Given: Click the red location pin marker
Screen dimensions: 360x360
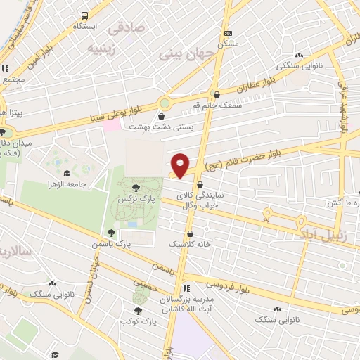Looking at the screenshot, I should point(181,165).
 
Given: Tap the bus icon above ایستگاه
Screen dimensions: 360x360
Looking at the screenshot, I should point(84,15).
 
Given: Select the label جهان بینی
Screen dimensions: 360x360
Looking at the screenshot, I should point(184,53).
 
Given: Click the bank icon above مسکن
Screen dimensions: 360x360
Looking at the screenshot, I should point(227,33).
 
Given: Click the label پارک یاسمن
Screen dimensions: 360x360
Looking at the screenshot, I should point(111,244).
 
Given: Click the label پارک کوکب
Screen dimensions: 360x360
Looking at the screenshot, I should point(137,321).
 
